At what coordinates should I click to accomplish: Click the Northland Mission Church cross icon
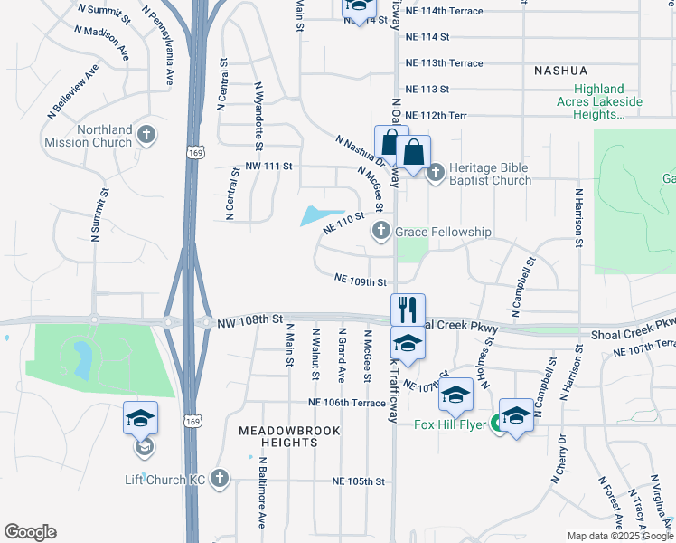[147, 136]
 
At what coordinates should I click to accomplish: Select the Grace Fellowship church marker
[381, 233]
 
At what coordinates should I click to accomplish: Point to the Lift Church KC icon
[220, 478]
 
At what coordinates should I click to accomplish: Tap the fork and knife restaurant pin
[408, 310]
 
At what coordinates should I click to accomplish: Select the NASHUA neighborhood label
[560, 71]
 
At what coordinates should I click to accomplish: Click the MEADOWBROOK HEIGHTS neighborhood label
[291, 437]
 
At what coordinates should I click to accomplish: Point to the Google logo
[30, 532]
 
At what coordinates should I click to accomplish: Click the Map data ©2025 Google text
[619, 536]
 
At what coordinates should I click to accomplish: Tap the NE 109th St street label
[361, 281]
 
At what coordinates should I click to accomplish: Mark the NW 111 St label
[269, 167]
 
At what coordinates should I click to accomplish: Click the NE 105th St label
[359, 481]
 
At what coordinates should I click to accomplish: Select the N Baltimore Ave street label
[261, 492]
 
